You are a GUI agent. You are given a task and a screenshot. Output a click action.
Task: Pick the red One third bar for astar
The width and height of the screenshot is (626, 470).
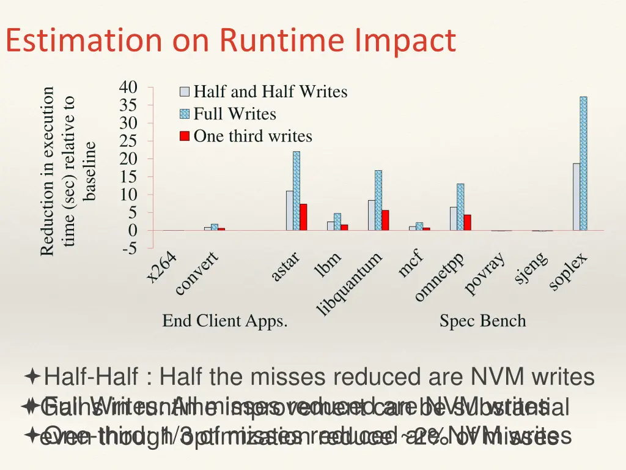click(303, 217)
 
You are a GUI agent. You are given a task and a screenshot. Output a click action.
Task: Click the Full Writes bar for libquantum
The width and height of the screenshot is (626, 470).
click(378, 200)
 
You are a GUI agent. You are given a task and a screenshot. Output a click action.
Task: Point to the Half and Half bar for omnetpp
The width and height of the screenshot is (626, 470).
click(454, 218)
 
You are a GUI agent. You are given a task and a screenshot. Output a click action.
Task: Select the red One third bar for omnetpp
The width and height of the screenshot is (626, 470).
click(467, 222)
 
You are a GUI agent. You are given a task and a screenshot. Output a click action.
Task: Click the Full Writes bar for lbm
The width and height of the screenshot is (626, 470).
click(337, 222)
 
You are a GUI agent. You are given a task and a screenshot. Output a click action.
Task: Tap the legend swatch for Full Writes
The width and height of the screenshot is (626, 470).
click(184, 114)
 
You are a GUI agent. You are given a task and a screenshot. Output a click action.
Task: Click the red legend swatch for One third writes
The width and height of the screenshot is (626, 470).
click(184, 136)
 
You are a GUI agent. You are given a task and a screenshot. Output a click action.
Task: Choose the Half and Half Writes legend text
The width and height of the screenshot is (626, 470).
click(270, 92)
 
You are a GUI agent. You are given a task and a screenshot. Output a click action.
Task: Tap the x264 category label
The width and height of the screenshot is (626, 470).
click(161, 269)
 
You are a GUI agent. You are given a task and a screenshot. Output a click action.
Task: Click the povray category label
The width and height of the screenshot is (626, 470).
click(485, 273)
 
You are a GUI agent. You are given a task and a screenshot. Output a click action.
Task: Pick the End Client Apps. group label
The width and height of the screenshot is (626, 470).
click(225, 321)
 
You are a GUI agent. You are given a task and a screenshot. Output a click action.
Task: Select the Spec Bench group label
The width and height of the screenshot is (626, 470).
click(482, 321)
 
